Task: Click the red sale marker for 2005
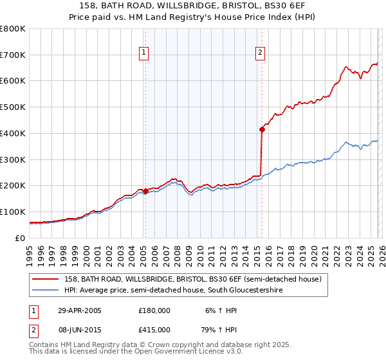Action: click(x=146, y=190)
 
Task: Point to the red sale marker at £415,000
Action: click(x=262, y=129)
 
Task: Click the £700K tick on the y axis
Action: click(x=13, y=55)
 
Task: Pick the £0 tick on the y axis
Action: click(x=19, y=238)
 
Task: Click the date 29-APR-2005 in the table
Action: click(x=80, y=310)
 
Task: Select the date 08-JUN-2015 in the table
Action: click(x=80, y=329)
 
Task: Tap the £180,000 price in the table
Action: click(x=154, y=310)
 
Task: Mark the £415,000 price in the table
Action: click(x=154, y=329)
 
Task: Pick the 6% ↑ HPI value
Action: click(x=220, y=310)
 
